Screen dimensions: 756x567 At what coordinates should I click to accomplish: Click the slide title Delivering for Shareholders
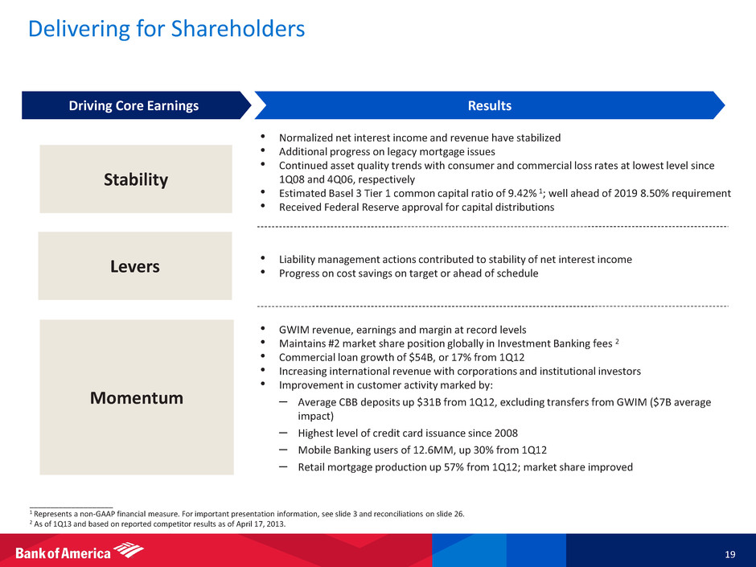pos(166,29)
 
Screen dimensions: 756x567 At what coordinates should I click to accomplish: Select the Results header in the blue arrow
pos(489,105)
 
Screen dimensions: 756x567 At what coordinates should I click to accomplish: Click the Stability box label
pos(136,179)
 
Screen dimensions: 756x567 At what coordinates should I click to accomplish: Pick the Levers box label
pos(135,266)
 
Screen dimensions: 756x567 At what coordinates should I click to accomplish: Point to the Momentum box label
pos(137,398)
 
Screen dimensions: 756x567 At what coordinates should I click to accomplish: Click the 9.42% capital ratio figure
pos(522,193)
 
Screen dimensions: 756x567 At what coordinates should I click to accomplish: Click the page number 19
pos(730,554)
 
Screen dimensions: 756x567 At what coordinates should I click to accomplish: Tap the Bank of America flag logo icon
pos(129,550)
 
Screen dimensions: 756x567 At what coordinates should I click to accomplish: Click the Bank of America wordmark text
pos(64,553)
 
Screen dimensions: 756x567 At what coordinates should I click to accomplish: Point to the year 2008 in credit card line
pos(506,433)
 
